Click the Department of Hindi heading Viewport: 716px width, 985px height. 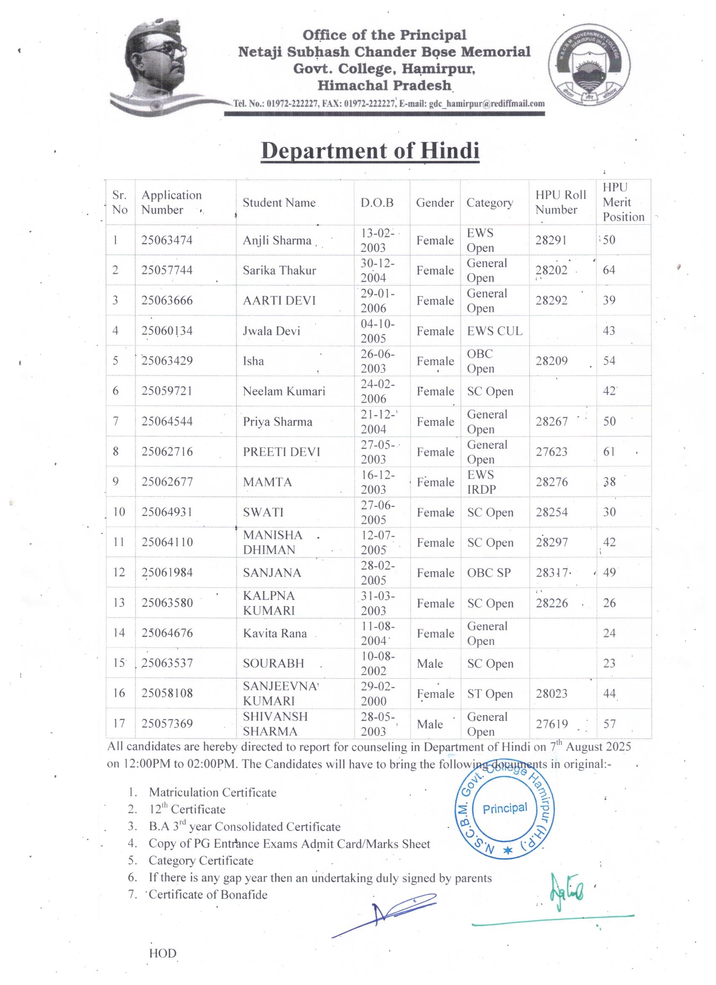tap(370, 151)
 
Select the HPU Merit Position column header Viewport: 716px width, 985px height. tap(623, 202)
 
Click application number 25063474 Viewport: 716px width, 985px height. tap(167, 240)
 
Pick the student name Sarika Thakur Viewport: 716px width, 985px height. tap(279, 270)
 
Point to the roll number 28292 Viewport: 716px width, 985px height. tap(551, 300)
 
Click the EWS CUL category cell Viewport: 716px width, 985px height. tap(494, 331)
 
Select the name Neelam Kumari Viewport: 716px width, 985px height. tap(284, 391)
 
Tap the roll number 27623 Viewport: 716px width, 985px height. tap(551, 452)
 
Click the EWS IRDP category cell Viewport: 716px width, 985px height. tap(481, 482)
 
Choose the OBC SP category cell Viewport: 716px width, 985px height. tap(489, 573)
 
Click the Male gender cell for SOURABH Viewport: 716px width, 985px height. tap(430, 664)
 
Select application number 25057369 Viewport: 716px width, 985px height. tap(167, 723)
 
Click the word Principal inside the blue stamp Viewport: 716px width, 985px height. tap(505, 808)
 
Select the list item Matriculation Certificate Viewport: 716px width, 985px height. tap(212, 792)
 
